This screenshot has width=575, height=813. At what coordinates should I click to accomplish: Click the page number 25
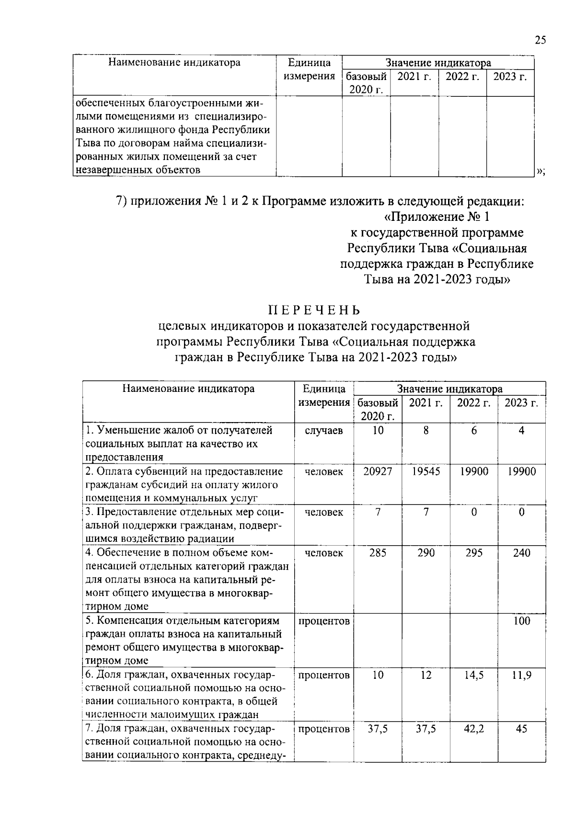point(540,40)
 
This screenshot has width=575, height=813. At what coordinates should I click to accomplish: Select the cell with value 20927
point(378,471)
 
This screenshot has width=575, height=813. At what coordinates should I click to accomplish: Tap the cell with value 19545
point(425,471)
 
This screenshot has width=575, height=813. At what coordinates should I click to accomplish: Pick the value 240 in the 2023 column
point(521,553)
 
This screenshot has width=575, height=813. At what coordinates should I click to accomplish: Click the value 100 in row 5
point(521,621)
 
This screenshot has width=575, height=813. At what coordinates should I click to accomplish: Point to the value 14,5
point(473,675)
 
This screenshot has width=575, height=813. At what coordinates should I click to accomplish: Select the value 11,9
point(521,675)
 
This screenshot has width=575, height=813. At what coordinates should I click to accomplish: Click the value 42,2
point(473,729)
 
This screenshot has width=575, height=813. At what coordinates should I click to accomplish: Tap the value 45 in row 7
point(521,729)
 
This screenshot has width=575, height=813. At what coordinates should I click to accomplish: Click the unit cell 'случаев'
point(324,431)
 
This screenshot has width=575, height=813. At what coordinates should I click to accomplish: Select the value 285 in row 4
point(378,553)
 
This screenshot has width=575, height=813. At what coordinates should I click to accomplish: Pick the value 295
point(473,553)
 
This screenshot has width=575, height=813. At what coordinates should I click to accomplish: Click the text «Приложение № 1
point(437,217)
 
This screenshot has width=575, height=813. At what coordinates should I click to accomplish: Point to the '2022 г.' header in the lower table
point(473,403)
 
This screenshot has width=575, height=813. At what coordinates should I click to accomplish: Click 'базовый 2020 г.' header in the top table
point(366,83)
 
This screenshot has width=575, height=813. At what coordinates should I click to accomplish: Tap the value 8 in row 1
point(425,431)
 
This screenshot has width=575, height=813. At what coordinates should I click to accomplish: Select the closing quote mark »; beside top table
point(541,171)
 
